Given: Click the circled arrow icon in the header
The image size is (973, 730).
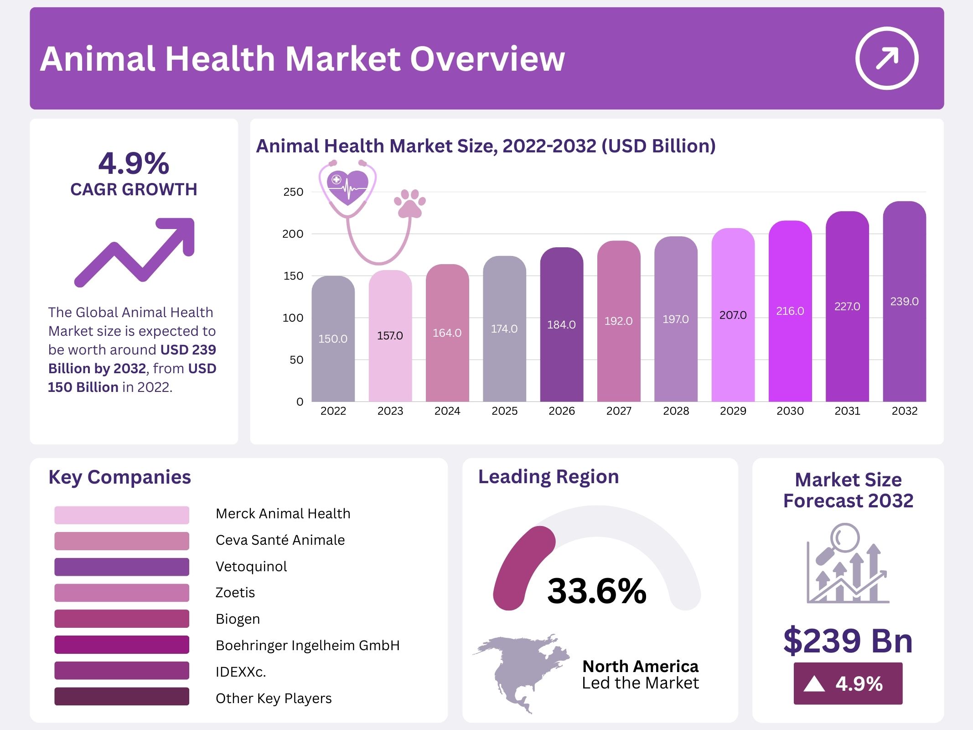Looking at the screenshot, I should point(886,58).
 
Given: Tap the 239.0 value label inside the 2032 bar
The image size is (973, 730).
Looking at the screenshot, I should point(904,302).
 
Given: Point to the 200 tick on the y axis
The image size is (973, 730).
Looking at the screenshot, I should point(292,234).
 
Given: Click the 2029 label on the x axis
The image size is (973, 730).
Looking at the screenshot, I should point(733,411).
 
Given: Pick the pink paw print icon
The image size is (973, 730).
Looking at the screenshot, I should point(409,203).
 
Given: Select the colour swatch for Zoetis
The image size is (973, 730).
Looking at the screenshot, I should point(121,593).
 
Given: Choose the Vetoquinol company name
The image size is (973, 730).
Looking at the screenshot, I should point(251,566).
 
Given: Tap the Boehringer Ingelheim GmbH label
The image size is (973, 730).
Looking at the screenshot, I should point(308,645).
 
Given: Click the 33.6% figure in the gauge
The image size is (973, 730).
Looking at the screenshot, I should point(597,591).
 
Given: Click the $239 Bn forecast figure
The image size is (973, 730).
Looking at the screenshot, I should point(848,641).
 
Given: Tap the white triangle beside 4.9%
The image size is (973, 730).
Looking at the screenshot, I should point(814,684).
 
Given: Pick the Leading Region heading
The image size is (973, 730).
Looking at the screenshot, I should point(549,477).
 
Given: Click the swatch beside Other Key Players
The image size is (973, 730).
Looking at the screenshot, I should point(121,697).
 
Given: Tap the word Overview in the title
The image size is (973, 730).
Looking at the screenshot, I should point(487,59).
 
